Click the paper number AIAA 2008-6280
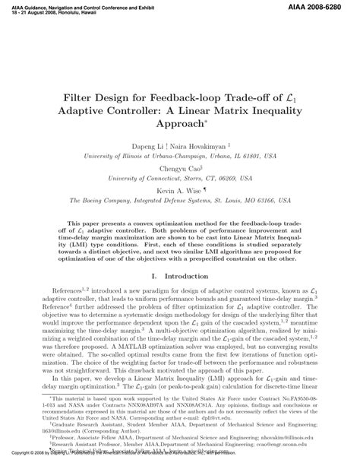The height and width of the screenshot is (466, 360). click(324, 5)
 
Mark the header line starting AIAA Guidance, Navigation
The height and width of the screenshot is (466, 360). click(84, 4)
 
